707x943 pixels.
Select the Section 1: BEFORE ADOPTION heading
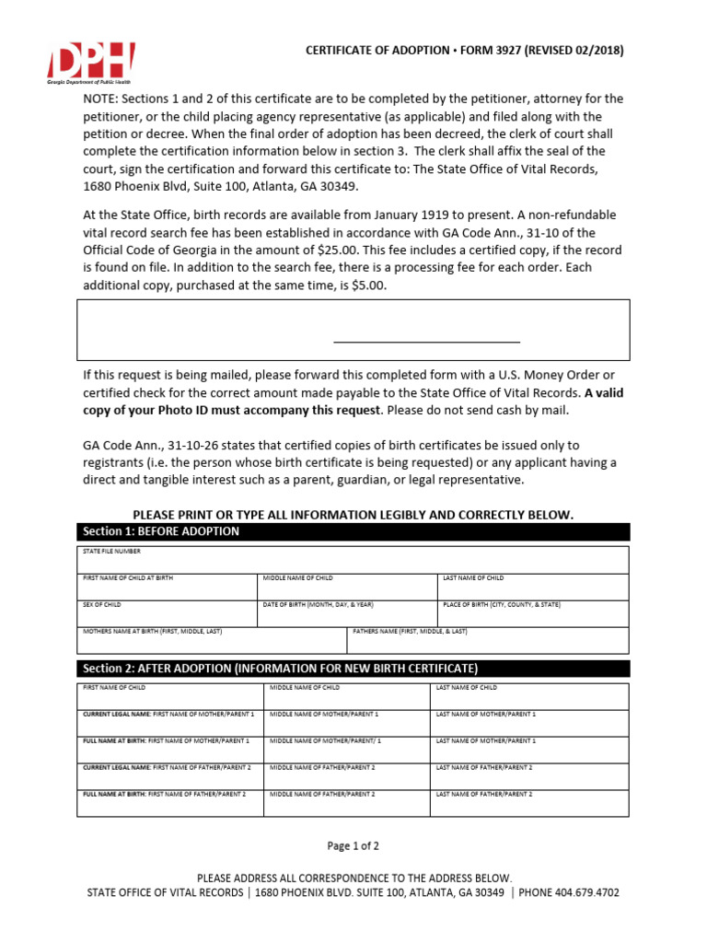tap(161, 531)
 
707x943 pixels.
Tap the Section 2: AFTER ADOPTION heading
tap(281, 668)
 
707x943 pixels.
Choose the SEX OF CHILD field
tap(167, 614)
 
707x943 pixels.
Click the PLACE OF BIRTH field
tap(533, 614)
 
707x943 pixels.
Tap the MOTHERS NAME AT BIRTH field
tap(211, 640)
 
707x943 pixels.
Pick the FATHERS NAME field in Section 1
tap(488, 640)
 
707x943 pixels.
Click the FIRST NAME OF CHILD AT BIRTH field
tap(167, 588)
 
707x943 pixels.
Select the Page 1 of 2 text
tap(353, 845)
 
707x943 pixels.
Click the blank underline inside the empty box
tap(426, 341)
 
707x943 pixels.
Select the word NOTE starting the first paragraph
tap(104, 99)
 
